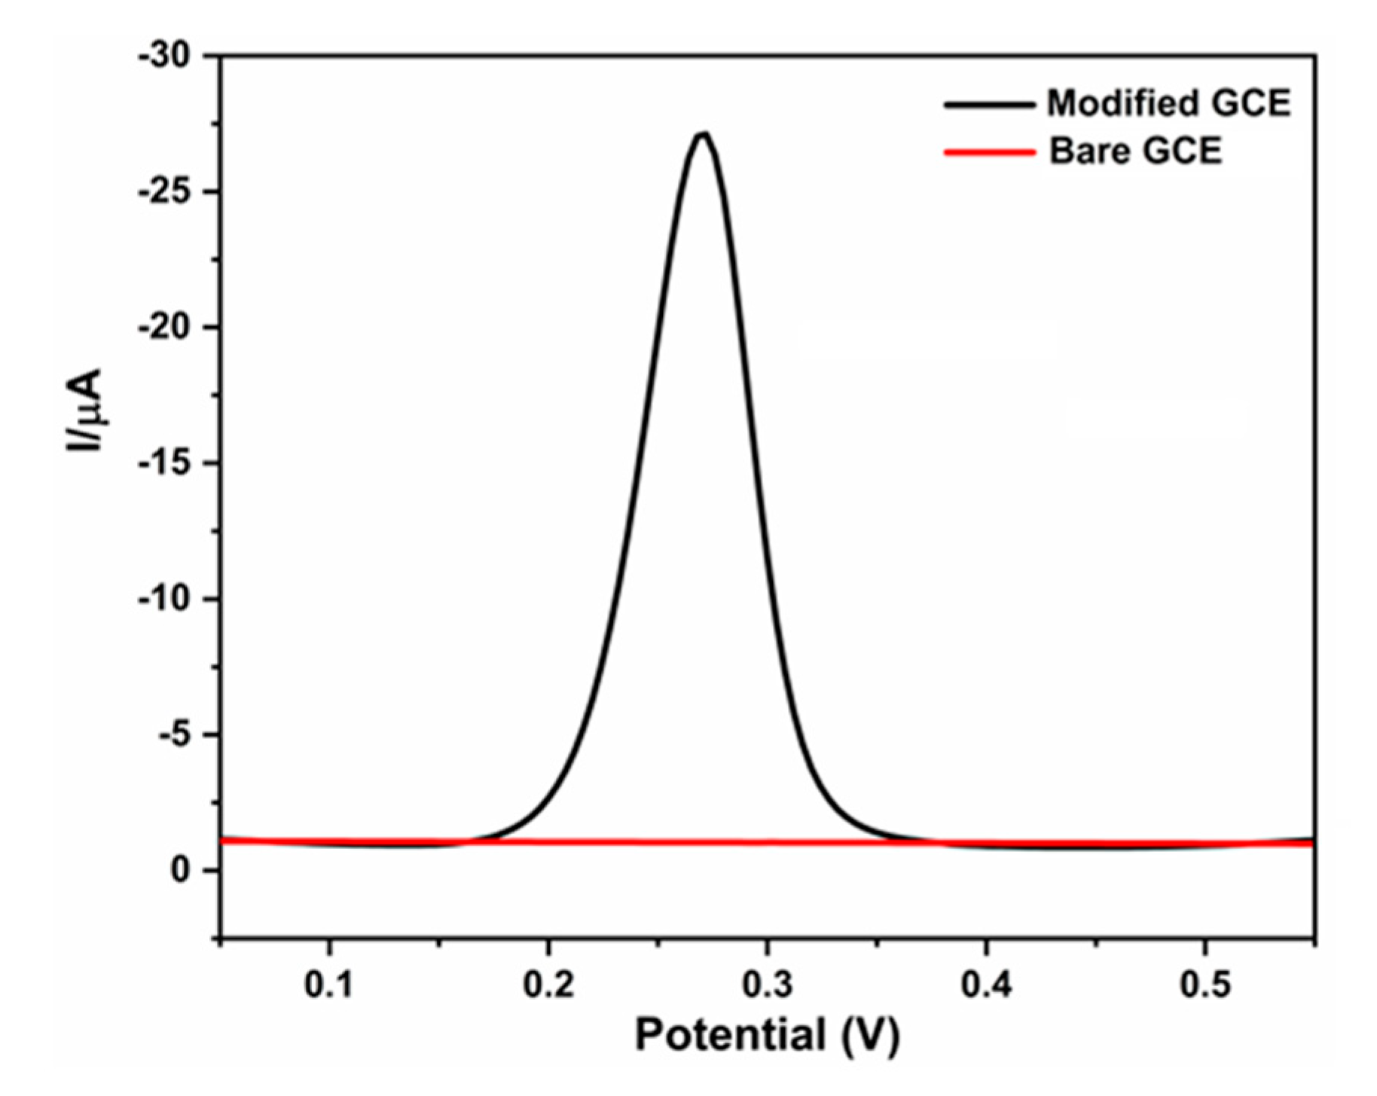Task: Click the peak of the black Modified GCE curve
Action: (703, 135)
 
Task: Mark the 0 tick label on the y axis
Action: (180, 871)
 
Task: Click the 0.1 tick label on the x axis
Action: (329, 985)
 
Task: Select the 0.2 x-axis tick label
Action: (548, 985)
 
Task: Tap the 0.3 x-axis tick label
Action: (767, 985)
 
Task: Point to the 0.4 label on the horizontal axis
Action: (986, 985)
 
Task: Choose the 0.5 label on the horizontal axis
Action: (1205, 985)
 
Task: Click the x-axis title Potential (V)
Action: (767, 1034)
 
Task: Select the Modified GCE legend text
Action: (1168, 103)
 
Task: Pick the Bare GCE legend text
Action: (1135, 151)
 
